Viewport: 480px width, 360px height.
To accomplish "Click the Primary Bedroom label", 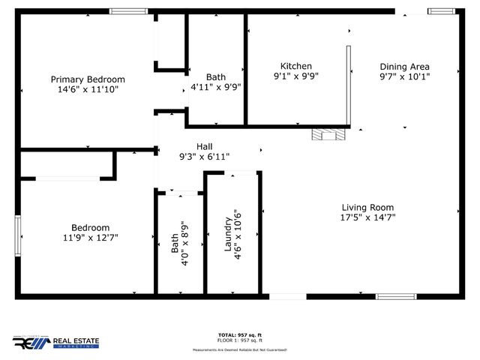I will click(x=88, y=79).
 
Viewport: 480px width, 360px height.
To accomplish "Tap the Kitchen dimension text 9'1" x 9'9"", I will click(x=296, y=76).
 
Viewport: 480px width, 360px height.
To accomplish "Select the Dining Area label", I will click(x=404, y=66).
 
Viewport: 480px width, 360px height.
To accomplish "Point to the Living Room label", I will click(x=367, y=208).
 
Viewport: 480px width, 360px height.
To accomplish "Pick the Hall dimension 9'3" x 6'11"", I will click(x=204, y=157).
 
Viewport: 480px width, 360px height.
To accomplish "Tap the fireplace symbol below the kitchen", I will click(x=329, y=135).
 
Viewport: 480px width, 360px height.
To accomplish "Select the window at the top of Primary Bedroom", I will click(x=128, y=11).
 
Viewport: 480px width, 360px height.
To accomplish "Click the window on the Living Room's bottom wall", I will click(x=397, y=296).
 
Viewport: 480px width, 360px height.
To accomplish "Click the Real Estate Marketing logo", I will click(x=55, y=343).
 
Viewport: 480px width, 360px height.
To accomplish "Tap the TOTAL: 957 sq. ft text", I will click(x=240, y=334).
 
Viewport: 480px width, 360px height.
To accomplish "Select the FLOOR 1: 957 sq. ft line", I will click(x=240, y=340).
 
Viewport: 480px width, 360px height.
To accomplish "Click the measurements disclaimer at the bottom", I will click(x=240, y=349).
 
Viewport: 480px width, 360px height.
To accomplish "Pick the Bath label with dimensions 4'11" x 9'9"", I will click(x=216, y=81).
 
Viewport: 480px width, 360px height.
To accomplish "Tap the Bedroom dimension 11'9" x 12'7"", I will click(x=91, y=238).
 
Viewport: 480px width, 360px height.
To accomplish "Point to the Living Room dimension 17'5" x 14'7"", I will click(x=367, y=217).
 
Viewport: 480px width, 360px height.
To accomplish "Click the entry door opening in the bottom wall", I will click(x=288, y=296).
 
